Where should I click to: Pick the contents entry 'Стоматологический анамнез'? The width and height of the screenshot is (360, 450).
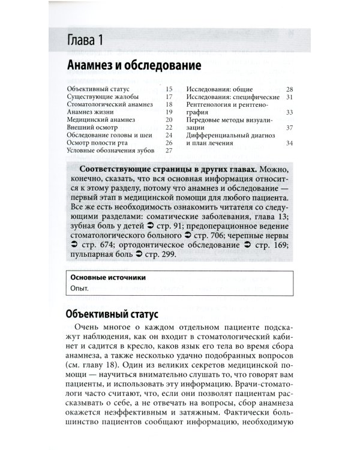(x=110, y=104)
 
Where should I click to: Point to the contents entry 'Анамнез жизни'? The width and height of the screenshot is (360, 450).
(x=91, y=112)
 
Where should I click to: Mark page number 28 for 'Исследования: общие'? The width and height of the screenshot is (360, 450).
(x=289, y=88)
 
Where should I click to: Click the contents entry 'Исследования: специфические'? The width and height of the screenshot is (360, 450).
(x=232, y=96)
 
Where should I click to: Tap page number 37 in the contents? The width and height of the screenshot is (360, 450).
(x=289, y=127)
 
